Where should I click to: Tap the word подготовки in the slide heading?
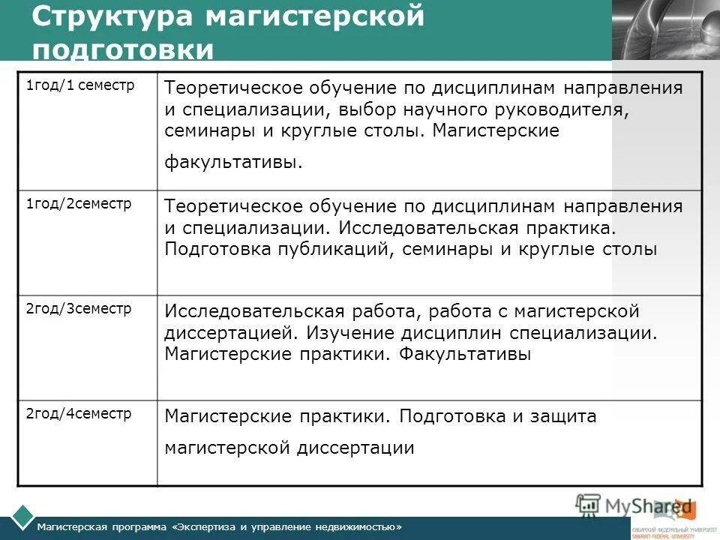tap(123, 50)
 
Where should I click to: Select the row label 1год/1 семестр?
tap(80, 85)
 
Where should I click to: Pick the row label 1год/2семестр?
tap(78, 204)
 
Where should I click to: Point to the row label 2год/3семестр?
tap(78, 308)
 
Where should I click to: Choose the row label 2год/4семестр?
tap(78, 412)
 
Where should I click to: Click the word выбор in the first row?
tap(361, 109)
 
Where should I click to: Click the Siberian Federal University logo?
tap(673, 530)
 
